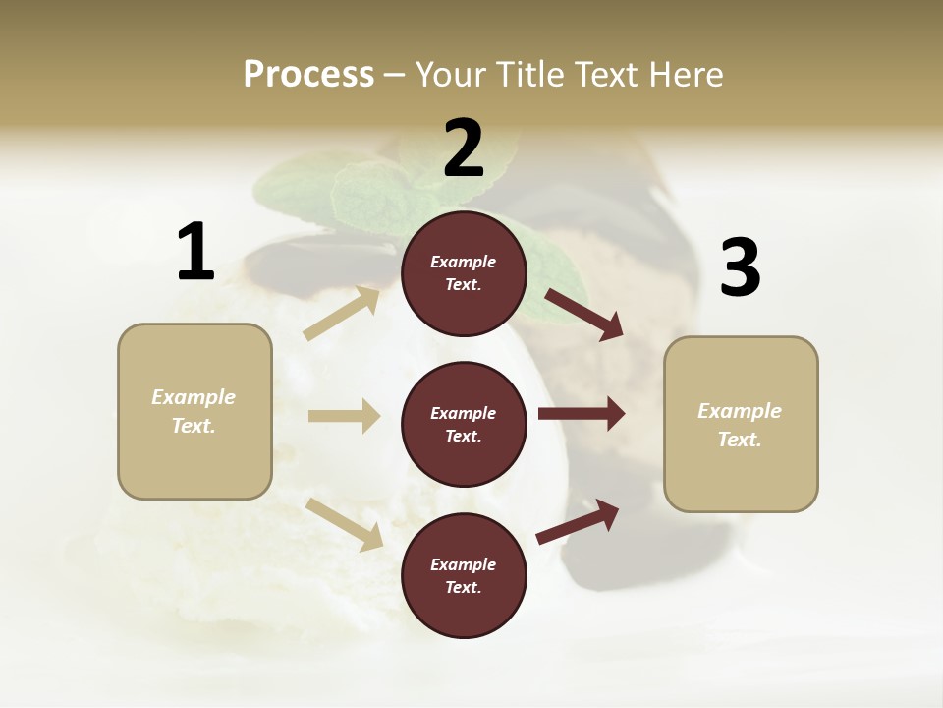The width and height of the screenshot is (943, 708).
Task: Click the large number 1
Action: (x=195, y=252)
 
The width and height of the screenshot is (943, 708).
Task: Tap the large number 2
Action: (x=464, y=148)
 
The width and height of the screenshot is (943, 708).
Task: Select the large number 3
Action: (x=741, y=267)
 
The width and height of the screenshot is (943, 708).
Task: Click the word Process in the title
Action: (x=308, y=74)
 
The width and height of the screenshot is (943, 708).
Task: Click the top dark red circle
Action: (x=464, y=273)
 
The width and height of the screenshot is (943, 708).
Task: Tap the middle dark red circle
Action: (x=464, y=425)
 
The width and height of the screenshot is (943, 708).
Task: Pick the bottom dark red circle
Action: (x=464, y=576)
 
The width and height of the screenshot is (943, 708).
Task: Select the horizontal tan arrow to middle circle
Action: (x=344, y=416)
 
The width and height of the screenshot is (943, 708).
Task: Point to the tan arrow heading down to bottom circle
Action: (x=344, y=524)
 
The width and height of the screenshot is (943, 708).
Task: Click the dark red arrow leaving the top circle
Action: (x=584, y=315)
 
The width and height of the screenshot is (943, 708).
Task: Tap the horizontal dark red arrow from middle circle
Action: (x=582, y=414)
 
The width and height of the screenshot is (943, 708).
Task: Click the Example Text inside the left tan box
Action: (x=194, y=411)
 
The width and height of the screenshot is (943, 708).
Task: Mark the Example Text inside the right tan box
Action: (x=740, y=425)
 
